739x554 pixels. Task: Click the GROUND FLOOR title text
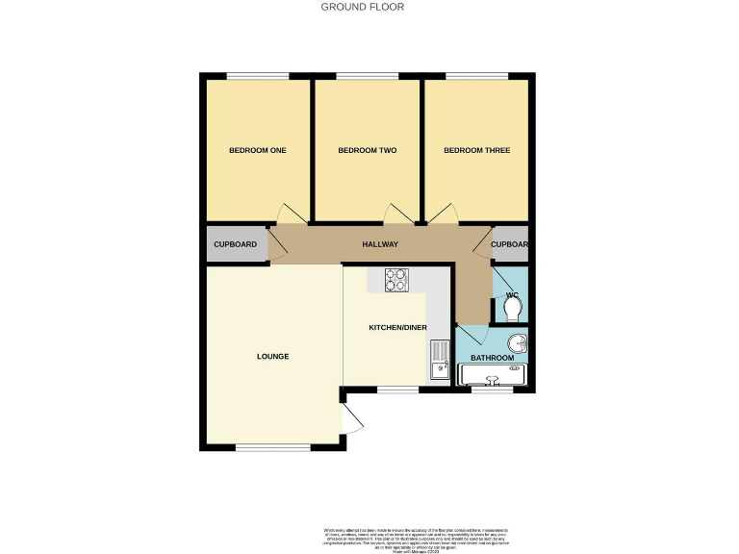362,7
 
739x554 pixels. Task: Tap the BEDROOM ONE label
257,151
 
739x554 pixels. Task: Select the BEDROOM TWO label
367,151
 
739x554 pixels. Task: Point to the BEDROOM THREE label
476,151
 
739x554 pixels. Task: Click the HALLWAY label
380,245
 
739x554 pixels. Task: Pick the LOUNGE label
272,357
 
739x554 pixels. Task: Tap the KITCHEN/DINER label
397,328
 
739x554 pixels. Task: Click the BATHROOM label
492,358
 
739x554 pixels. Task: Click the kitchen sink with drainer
440,360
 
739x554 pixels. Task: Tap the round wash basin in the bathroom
518,341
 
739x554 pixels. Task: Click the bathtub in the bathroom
495,375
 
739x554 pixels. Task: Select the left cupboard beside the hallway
235,245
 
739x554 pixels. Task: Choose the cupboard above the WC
510,245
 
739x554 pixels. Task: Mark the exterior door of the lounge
350,416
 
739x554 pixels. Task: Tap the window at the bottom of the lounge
273,447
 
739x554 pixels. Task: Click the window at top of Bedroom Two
367,76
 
